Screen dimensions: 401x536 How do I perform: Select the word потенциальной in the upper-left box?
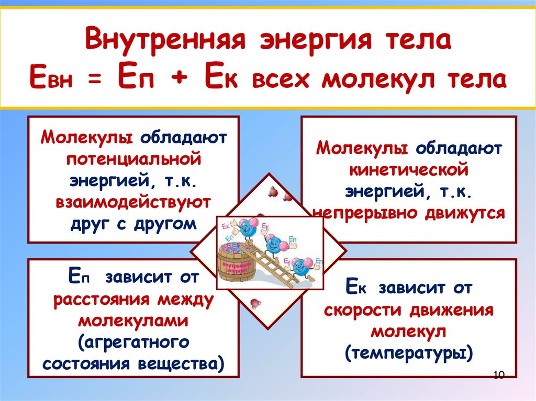click(133, 157)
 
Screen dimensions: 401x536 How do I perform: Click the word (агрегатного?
click(133, 342)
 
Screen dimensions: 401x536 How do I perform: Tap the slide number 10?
click(498, 375)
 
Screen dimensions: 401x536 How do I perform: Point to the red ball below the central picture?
click(255, 302)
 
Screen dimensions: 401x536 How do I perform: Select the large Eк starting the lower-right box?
click(356, 287)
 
